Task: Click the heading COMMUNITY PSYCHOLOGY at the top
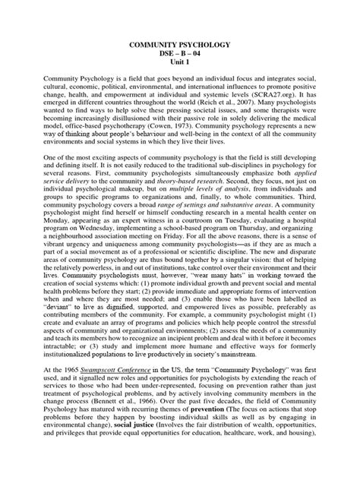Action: [179, 45]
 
